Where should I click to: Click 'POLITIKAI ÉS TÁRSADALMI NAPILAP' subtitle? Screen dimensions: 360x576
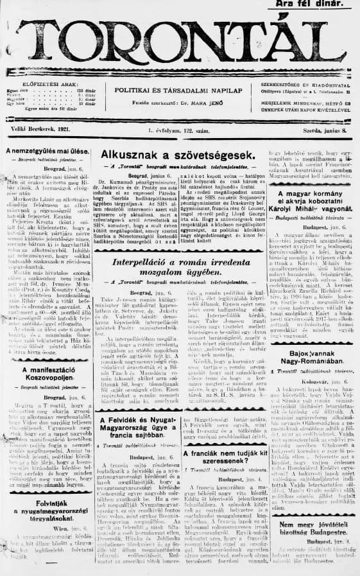tap(178, 91)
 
